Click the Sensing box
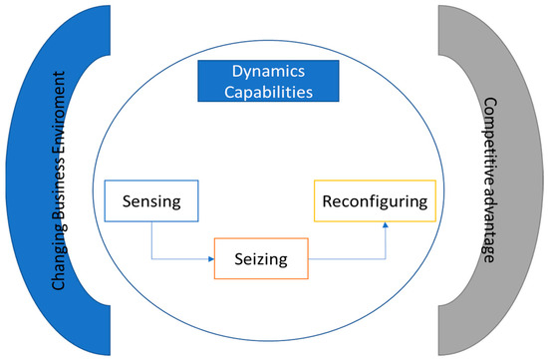tap(150, 202)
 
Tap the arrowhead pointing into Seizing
tap(211, 262)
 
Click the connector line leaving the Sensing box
tap(151, 244)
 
